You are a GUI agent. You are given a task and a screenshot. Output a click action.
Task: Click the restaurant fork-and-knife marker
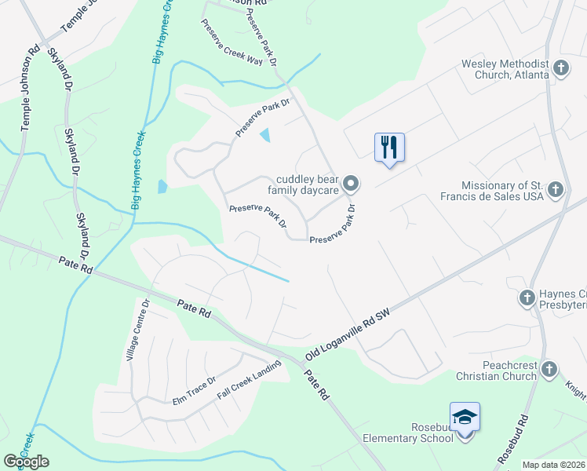[389, 147]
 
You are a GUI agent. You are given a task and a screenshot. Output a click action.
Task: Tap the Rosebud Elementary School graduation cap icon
[465, 416]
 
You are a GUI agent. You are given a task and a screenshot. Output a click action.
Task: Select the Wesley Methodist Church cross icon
[560, 68]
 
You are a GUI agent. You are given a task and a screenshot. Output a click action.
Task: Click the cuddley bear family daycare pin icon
[352, 184]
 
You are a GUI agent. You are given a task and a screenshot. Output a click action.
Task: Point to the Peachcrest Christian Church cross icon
[549, 369]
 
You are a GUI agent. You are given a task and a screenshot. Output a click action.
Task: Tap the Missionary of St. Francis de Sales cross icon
[555, 189]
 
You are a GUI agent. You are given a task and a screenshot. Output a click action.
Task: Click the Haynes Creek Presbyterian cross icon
[527, 297]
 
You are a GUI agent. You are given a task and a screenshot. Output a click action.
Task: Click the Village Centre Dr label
[138, 330]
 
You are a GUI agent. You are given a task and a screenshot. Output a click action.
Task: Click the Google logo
[26, 462]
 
